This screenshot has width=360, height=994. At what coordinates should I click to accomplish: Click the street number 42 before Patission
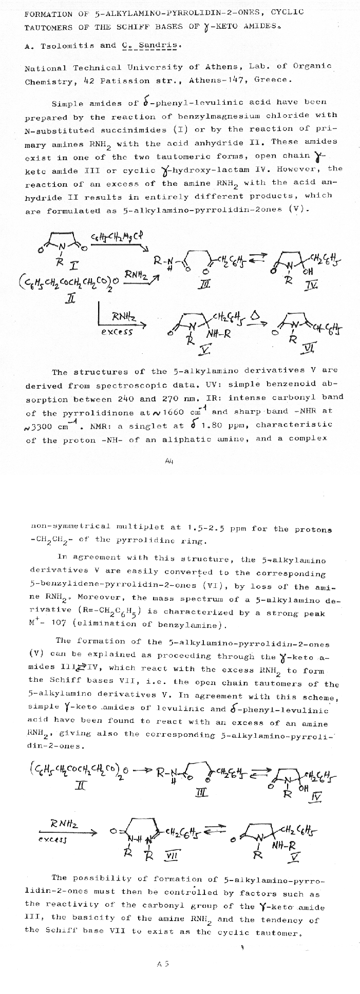point(88,81)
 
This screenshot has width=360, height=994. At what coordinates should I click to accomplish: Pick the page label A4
point(169,461)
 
